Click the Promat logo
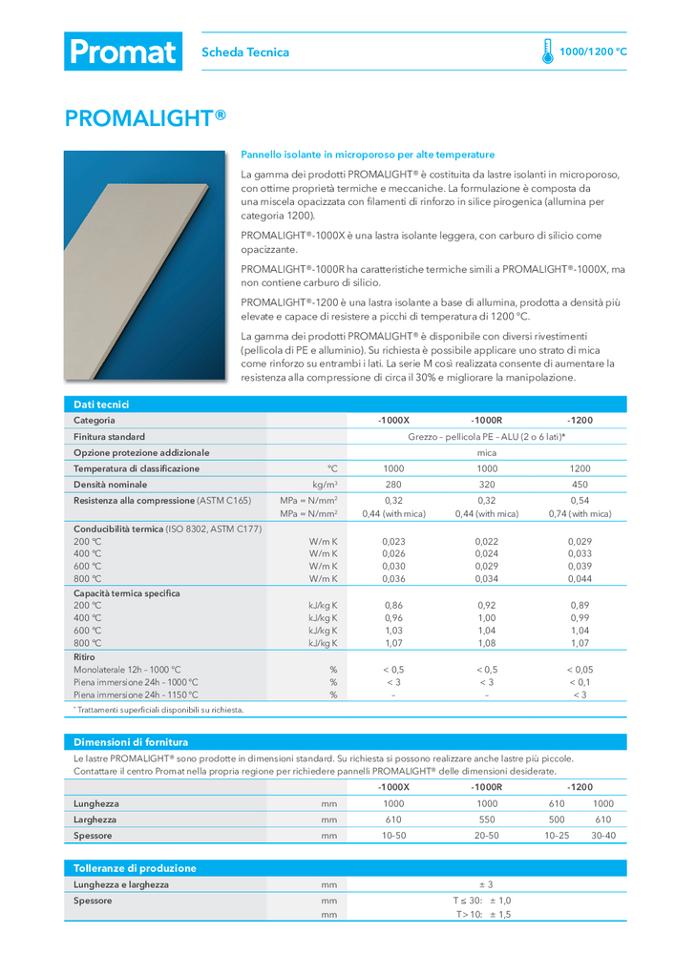[122, 52]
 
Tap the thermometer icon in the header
[547, 52]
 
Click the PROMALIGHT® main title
[145, 117]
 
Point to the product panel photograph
[145, 264]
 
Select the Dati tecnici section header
[102, 404]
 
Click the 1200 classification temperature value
[580, 468]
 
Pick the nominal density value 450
[580, 485]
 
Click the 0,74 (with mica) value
[580, 514]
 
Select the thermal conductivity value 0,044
[580, 578]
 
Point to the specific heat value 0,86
[393, 606]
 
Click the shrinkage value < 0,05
[580, 670]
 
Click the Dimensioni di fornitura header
[131, 741]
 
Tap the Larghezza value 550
[486, 819]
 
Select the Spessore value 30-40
[603, 836]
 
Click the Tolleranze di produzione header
[135, 868]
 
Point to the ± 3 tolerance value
[486, 884]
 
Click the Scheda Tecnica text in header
[245, 52]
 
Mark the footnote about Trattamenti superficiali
[158, 710]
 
